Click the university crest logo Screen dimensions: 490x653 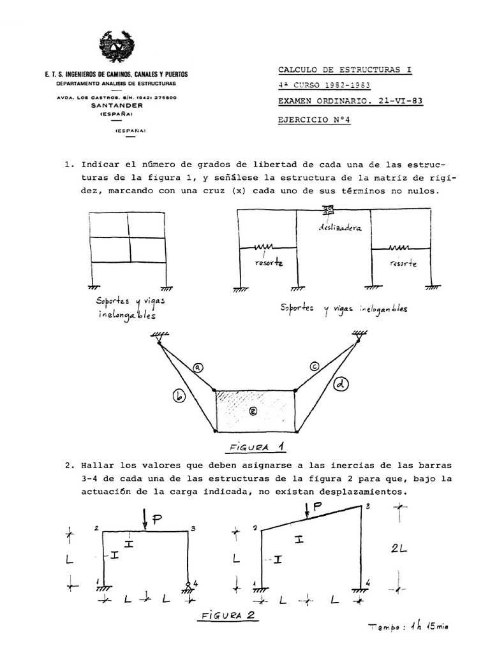click(117, 50)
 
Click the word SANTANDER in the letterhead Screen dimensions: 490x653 click(116, 105)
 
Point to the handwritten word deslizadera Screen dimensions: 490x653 click(337, 228)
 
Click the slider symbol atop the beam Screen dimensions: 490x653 click(329, 210)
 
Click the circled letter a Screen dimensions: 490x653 click(198, 367)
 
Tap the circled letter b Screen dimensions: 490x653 click(179, 397)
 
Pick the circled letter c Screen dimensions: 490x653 click(315, 366)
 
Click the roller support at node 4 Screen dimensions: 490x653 click(189, 584)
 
